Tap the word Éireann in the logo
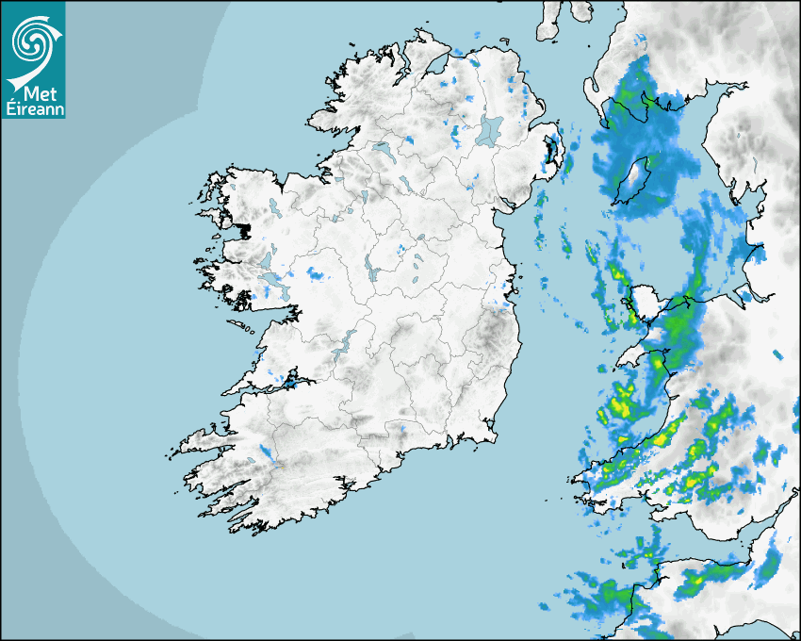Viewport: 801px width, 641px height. [33, 107]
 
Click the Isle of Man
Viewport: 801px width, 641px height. [634, 180]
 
